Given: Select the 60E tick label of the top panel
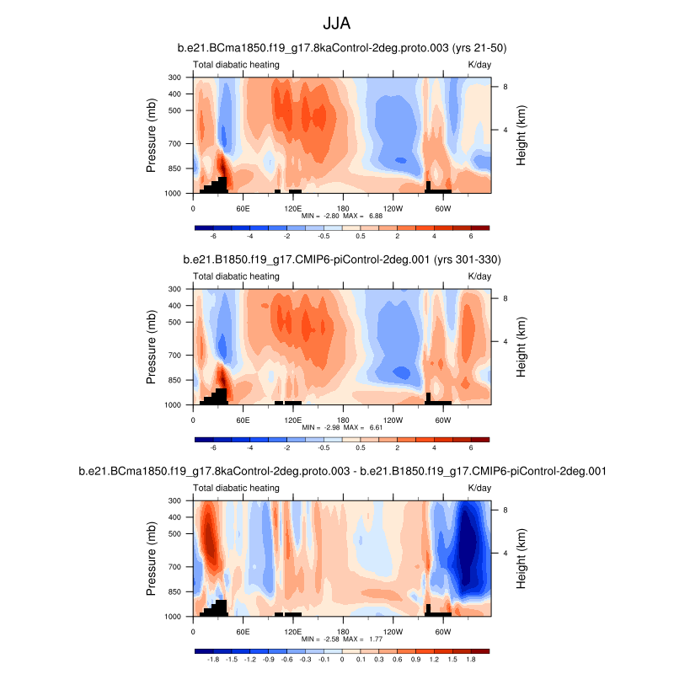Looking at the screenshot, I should click(x=243, y=208).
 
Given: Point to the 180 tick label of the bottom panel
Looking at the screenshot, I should click(x=343, y=631).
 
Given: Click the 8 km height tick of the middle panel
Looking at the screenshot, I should click(x=504, y=297).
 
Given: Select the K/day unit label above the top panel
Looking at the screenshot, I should click(x=479, y=64).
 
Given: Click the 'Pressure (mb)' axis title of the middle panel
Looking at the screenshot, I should click(x=152, y=346).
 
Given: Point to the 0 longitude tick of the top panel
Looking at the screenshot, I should click(x=194, y=208).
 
